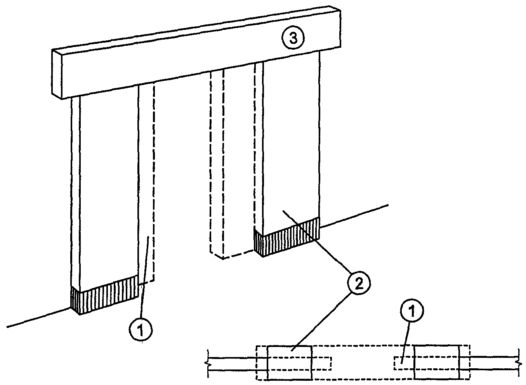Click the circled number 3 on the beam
pos(293,38)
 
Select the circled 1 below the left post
pos(141,330)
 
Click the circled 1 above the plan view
pos(412,310)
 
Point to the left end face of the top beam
pos(57,74)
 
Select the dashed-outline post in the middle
pos(217,164)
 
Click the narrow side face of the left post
pos(76,192)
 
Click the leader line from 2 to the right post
pos(318,242)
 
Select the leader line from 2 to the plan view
pos(321,323)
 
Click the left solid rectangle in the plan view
pos(290,363)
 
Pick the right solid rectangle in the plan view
pos(436,362)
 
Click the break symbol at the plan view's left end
pos(207,364)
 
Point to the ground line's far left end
pos(7,327)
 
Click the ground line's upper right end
pos(388,205)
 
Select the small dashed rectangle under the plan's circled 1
pos(404,363)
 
